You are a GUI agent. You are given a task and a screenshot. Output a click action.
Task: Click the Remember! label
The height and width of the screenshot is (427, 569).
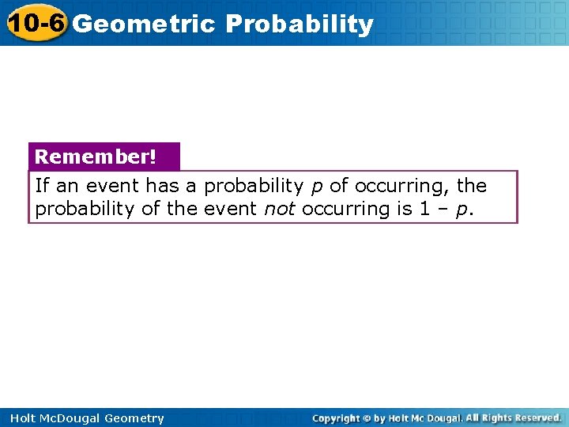pos(96,157)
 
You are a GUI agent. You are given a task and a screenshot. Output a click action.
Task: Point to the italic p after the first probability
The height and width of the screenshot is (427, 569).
pos(316,187)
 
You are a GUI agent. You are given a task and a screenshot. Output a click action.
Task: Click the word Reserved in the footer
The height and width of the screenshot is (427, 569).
pos(534,418)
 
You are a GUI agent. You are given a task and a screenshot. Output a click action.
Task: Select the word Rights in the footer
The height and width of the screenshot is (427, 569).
pos(496,418)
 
